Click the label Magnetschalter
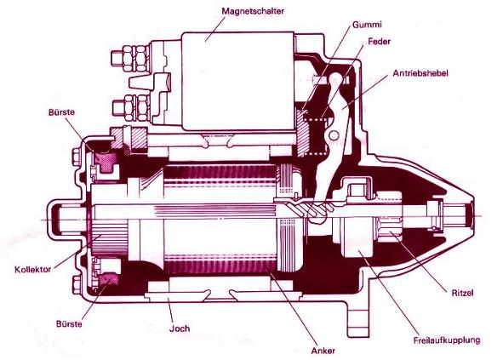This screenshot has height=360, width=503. (x=253, y=11)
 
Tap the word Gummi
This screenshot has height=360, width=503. (x=367, y=25)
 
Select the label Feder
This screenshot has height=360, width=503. (x=379, y=42)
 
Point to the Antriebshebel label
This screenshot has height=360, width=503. (x=420, y=73)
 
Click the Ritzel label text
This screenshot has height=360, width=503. (x=462, y=293)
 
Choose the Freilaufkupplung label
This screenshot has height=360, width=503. (x=447, y=340)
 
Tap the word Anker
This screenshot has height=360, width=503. (x=323, y=351)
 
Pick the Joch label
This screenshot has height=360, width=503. (x=180, y=329)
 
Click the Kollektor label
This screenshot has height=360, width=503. (x=32, y=269)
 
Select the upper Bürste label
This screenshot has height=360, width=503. (x=61, y=112)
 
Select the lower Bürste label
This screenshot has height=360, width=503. (x=69, y=323)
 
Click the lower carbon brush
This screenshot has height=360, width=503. (x=109, y=279)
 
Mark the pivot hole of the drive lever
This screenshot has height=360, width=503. (x=334, y=134)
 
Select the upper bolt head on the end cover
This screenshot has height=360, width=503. (x=77, y=157)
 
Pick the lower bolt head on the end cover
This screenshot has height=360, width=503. (x=77, y=285)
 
